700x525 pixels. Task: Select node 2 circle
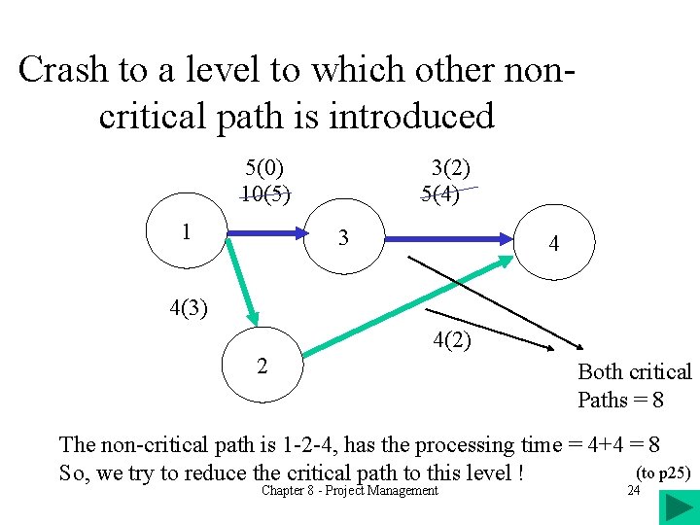262,366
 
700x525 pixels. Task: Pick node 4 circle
553,244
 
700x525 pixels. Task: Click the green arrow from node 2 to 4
408,302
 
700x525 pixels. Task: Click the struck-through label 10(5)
264,192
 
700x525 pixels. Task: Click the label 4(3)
189,309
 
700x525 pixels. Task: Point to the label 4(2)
452,340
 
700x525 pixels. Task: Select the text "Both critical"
634,371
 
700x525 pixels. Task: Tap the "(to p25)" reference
662,473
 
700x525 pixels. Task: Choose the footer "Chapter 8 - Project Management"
350,491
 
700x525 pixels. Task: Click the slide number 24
634,491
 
